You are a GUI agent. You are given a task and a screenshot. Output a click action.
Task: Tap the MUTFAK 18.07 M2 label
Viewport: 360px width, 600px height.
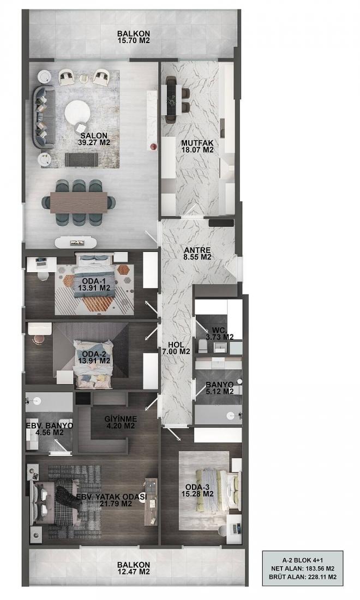197,146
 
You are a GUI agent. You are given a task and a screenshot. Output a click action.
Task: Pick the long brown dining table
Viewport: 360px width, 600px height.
79,202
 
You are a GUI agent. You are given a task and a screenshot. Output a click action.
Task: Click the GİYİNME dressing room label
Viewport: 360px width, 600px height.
121,422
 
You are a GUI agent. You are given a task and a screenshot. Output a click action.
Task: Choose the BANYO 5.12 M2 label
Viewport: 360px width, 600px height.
220,388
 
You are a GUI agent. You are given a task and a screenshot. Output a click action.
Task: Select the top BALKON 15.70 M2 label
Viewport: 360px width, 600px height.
134,37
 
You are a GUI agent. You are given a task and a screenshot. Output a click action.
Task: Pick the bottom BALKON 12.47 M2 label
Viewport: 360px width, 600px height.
134,568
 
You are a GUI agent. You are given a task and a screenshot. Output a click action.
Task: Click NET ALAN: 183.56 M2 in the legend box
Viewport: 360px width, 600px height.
303,568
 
